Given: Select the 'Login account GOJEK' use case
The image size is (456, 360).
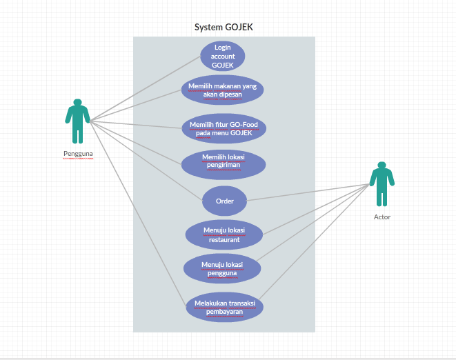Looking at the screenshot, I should point(222,56).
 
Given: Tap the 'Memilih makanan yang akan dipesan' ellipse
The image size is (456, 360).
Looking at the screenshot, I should point(222,90).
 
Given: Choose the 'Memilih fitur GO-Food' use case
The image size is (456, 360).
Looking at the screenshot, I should point(224,128).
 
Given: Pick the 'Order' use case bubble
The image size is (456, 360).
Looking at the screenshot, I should point(224,201).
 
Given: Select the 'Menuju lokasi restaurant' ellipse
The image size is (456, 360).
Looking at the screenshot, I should point(224,234).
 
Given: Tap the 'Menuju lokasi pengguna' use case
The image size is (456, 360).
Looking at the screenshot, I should point(222,268).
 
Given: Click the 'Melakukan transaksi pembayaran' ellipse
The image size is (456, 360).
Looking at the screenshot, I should point(224,307).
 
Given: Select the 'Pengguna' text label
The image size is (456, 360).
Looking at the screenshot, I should point(78,154).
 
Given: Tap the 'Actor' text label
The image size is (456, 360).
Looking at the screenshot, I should point(381,217).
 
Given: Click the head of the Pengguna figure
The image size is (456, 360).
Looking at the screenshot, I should point(77,103).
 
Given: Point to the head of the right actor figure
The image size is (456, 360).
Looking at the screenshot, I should point(381,166).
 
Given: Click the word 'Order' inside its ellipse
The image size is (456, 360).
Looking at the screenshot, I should point(224,201).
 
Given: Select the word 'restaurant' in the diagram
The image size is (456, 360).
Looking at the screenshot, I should point(224,240).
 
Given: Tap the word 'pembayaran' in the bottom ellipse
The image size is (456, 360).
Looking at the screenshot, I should point(224,312).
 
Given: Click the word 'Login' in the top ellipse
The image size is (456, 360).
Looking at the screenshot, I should point(222,47).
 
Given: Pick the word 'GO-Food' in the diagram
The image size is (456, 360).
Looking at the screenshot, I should point(242,124).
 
